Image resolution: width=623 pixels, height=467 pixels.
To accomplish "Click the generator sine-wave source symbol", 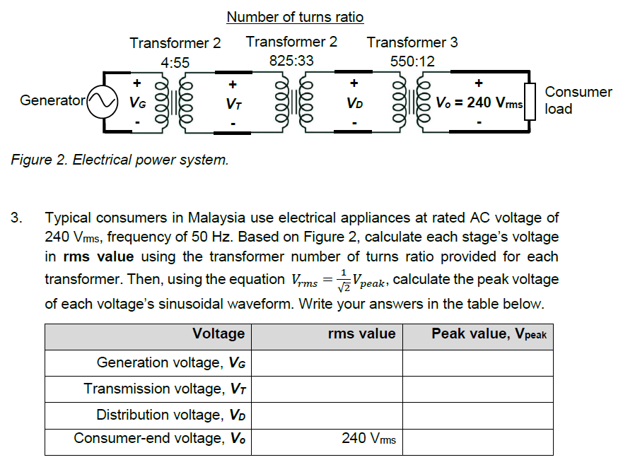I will coord(101,102).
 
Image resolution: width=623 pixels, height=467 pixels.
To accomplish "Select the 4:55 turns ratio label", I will coord(175,62).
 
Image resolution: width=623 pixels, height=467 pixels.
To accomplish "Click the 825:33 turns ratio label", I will coord(291,61).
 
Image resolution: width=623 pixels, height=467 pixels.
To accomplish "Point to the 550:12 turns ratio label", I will coord(412,61).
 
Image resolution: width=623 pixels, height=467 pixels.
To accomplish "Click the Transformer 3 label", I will coord(412,42).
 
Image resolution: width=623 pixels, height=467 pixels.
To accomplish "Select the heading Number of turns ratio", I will coord(295,16).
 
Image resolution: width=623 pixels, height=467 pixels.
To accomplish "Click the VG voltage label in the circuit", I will coord(137,103).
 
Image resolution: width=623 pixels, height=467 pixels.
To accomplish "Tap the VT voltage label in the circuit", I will coord(231,103).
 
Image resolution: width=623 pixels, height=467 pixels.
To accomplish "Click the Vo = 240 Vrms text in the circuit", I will coord(479,103).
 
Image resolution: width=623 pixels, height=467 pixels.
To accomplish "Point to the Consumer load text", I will coord(578,100).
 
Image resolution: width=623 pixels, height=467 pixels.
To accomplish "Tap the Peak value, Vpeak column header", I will coord(489,334).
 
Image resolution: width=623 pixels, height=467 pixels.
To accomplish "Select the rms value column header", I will coord(361,334).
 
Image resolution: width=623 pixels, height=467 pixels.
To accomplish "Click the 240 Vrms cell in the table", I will coord(368,439).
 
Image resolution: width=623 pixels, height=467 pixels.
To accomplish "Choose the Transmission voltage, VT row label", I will coord(164,389).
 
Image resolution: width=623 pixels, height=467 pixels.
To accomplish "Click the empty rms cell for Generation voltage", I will coord(327,363).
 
